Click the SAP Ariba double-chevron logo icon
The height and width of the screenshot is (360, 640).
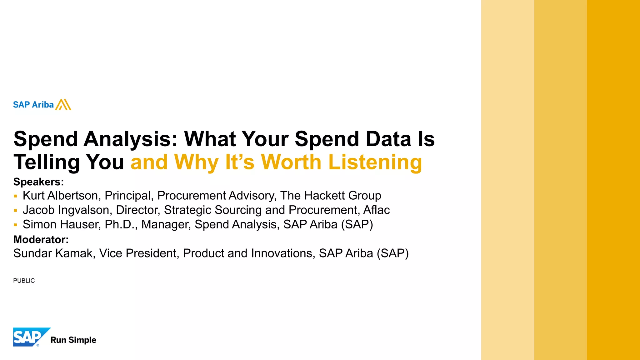[63, 105]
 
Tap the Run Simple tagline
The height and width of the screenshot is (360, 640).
[73, 340]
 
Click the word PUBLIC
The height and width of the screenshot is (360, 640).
[24, 281]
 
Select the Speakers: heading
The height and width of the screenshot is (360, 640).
[38, 182]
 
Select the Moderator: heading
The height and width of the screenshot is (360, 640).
[41, 239]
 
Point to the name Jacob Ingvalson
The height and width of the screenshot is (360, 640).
[66, 210]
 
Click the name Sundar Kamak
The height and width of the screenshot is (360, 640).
[53, 253]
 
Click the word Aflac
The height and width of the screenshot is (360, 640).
[376, 210]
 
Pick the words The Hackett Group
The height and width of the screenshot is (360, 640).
[331, 196]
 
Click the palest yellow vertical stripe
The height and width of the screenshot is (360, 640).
[507, 180]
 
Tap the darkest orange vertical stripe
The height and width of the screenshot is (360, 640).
[613, 180]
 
